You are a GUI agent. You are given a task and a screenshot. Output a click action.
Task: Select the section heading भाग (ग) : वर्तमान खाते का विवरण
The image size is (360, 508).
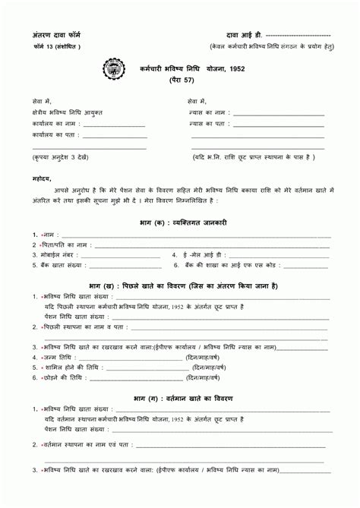click(x=183, y=398)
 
